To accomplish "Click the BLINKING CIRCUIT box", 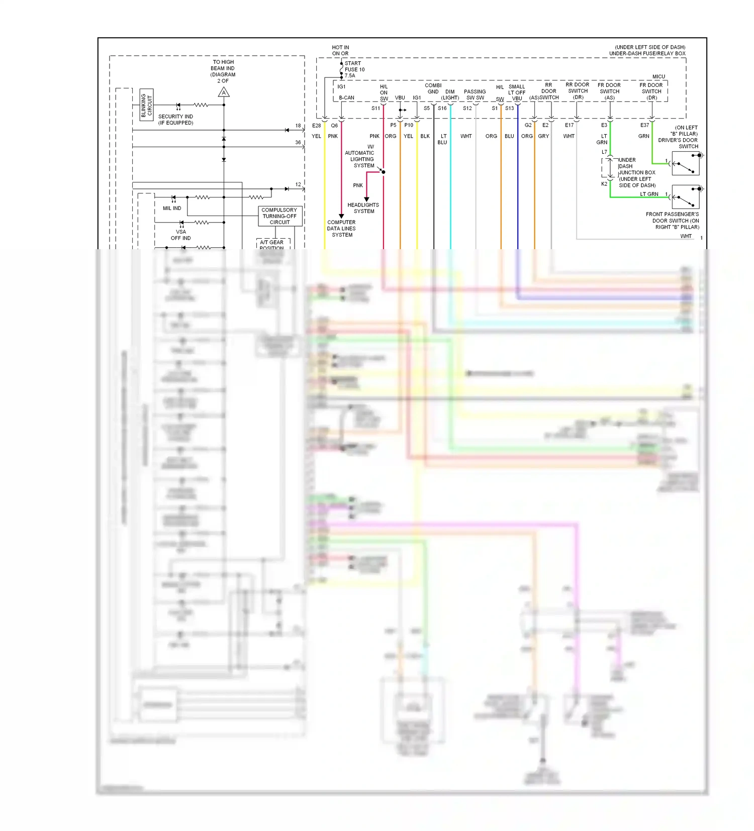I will [146, 105].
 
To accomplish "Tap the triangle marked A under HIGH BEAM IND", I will [224, 92].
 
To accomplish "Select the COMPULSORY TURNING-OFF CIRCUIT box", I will [280, 216].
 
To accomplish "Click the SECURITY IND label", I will [175, 120].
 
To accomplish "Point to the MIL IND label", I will [172, 208].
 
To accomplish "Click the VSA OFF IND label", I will [180, 235].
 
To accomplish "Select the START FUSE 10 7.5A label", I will [354, 69].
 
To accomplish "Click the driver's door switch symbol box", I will [686, 164].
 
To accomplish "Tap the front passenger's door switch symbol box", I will [686, 197].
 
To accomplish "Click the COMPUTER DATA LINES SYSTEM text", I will [341, 229].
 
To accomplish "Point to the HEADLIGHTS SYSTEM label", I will [363, 208].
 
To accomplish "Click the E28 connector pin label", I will [317, 126].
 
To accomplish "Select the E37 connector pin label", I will [644, 125].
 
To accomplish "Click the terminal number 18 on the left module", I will [298, 126].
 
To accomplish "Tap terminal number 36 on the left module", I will [298, 142].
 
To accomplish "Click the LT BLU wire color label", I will [443, 139].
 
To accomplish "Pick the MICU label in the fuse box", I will [658, 76].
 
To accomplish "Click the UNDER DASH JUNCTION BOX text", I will [636, 172].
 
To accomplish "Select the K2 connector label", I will [604, 184].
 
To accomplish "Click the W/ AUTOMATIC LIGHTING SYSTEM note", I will [360, 156].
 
